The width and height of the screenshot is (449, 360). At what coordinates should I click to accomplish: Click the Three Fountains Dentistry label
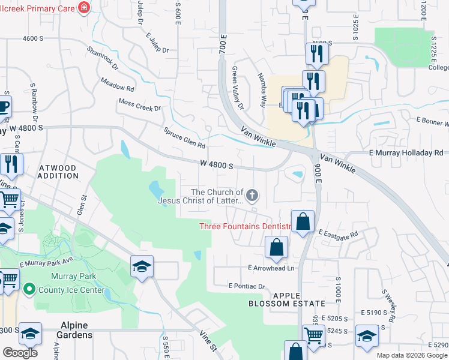coord(244,226)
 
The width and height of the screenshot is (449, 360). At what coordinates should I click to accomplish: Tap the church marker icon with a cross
coord(253,194)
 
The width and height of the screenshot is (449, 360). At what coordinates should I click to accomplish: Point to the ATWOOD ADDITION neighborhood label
coord(58,172)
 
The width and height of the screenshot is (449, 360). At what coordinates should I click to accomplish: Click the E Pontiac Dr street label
coord(247,287)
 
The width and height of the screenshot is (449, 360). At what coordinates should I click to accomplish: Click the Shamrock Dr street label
coord(102,58)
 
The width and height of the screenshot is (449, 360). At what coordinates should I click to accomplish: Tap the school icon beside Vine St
coord(142,266)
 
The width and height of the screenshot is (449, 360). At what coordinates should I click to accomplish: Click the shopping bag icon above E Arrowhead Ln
coord(276,247)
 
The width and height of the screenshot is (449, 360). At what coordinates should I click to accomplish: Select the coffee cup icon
coord(4,107)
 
